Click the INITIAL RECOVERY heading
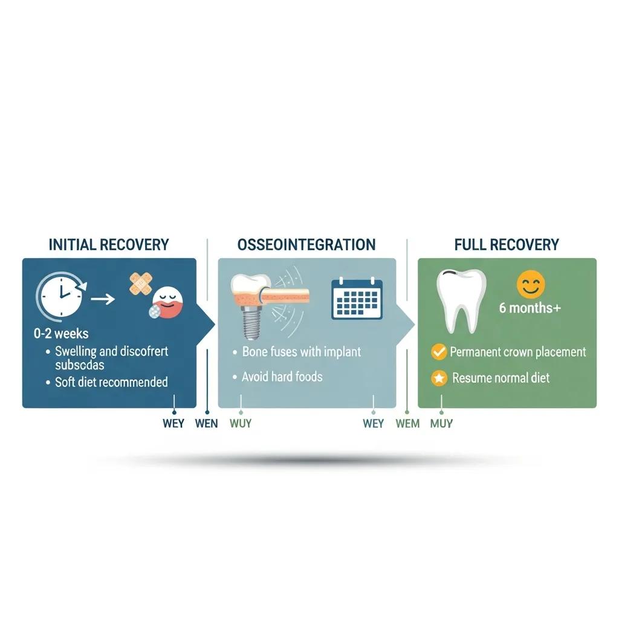point(108,245)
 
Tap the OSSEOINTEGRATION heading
point(306,245)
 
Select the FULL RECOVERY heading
point(507,245)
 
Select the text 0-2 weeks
point(62,334)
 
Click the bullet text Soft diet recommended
point(111,382)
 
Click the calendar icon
point(357,298)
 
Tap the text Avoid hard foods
point(282,377)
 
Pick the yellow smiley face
point(531,284)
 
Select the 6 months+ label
point(530,308)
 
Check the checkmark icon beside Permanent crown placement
point(439,352)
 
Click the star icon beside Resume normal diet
point(439,378)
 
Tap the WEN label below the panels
point(206,424)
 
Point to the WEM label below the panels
point(407,424)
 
